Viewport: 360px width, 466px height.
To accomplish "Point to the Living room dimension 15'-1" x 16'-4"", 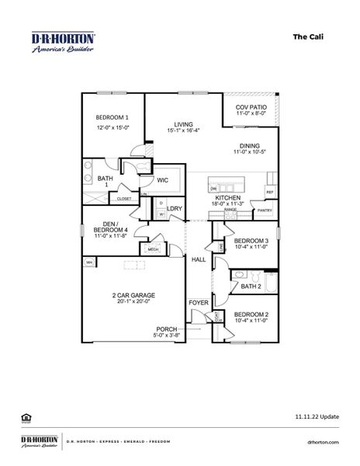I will click(183, 130).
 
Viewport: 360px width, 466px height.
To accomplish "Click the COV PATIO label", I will click(250, 106).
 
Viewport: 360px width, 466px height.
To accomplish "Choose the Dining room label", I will click(250, 144).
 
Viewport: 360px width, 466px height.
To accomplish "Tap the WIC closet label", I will click(163, 180).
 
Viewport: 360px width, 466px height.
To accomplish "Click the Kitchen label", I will click(228, 199).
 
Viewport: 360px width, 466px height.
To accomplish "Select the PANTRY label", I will click(265, 210).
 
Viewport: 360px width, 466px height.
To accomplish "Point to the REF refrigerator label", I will click(270, 192).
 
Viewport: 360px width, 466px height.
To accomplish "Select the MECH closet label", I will click(147, 249).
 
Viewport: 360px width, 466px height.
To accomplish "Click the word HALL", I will click(198, 259).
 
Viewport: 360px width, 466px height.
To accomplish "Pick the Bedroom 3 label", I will click(251, 242).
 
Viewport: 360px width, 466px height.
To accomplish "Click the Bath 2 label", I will click(251, 287).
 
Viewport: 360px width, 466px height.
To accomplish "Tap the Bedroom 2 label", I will click(251, 314).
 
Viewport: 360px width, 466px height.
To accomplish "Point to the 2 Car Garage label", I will click(134, 296).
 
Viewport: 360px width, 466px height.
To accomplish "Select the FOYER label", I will click(199, 302).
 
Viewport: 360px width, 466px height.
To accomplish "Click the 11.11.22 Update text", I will click(317, 417).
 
